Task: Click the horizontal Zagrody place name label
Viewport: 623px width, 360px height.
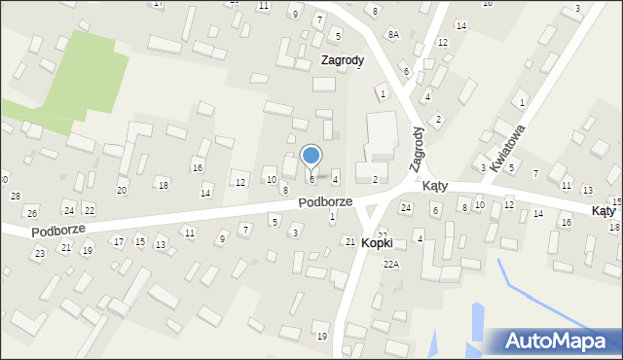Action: pos(343,60)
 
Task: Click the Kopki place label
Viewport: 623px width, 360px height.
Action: pos(377,242)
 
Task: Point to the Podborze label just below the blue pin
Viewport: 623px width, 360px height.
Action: pos(325,201)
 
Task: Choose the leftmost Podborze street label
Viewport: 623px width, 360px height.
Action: pos(57,231)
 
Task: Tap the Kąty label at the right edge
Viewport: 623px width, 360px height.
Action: pos(604,210)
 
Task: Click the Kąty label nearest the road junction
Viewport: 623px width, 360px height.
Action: pos(434,185)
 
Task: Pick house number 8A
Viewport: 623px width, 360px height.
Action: pos(393,34)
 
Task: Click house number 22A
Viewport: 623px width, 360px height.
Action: pos(391,264)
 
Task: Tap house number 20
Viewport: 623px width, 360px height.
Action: pos(122,190)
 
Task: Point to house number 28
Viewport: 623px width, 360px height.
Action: pos(16,197)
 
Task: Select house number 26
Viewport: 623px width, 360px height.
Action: pos(32,213)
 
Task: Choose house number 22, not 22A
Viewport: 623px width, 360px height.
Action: pos(89,210)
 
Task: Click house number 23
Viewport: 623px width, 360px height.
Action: pos(40,253)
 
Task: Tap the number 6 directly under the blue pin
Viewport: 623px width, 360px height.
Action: pos(311,179)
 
